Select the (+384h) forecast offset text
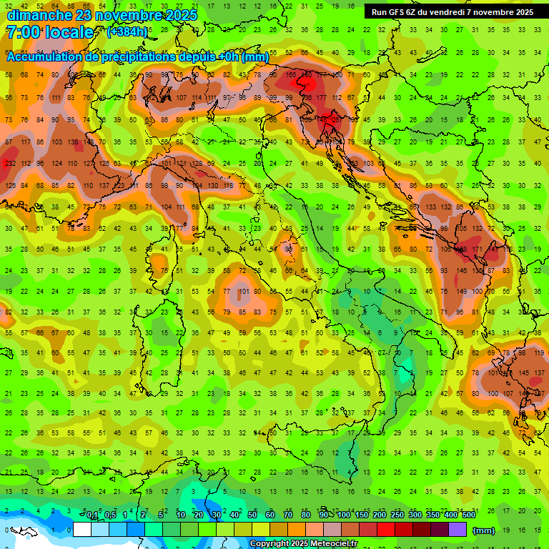point(127,32)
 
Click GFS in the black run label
point(401,12)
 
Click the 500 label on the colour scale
point(468,515)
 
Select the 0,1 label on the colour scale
point(92,515)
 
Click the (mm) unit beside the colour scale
point(484,530)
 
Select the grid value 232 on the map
point(10,164)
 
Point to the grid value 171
point(476,249)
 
